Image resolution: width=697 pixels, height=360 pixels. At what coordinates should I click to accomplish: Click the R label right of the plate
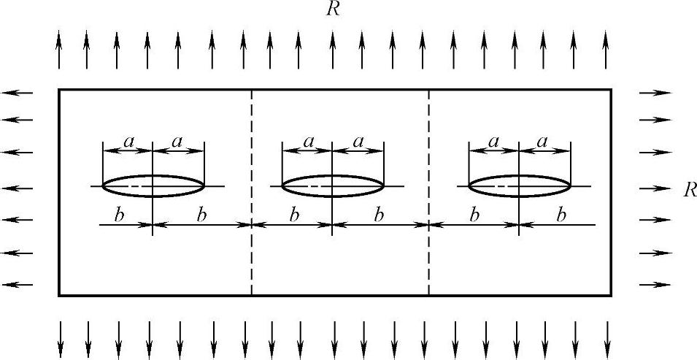tap(688, 190)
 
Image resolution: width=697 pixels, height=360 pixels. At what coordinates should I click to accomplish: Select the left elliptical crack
tap(153, 186)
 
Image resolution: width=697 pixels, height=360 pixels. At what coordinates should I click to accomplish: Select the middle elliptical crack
tap(333, 186)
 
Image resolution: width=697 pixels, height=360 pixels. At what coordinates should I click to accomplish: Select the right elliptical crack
tap(519, 186)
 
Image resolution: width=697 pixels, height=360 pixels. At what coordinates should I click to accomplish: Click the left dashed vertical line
tap(252, 146)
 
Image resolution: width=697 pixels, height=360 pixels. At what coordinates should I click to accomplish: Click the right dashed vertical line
tap(428, 146)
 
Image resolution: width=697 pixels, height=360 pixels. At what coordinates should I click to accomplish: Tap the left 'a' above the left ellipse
tap(128, 142)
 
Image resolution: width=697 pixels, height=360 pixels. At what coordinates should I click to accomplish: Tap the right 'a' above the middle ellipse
tap(358, 142)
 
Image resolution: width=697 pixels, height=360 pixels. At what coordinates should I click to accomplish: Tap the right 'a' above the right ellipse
tap(544, 142)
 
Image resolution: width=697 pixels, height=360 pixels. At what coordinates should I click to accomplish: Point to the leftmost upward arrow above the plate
tap(59, 50)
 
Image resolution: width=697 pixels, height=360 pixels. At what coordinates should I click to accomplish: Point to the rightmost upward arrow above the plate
tap(606, 50)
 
